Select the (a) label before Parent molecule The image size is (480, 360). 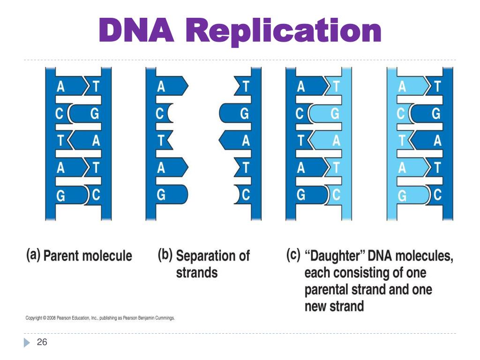click(x=32, y=256)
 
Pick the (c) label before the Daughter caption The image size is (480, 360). click(x=293, y=256)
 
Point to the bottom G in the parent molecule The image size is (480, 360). click(x=60, y=196)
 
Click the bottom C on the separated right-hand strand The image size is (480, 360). click(x=244, y=196)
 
